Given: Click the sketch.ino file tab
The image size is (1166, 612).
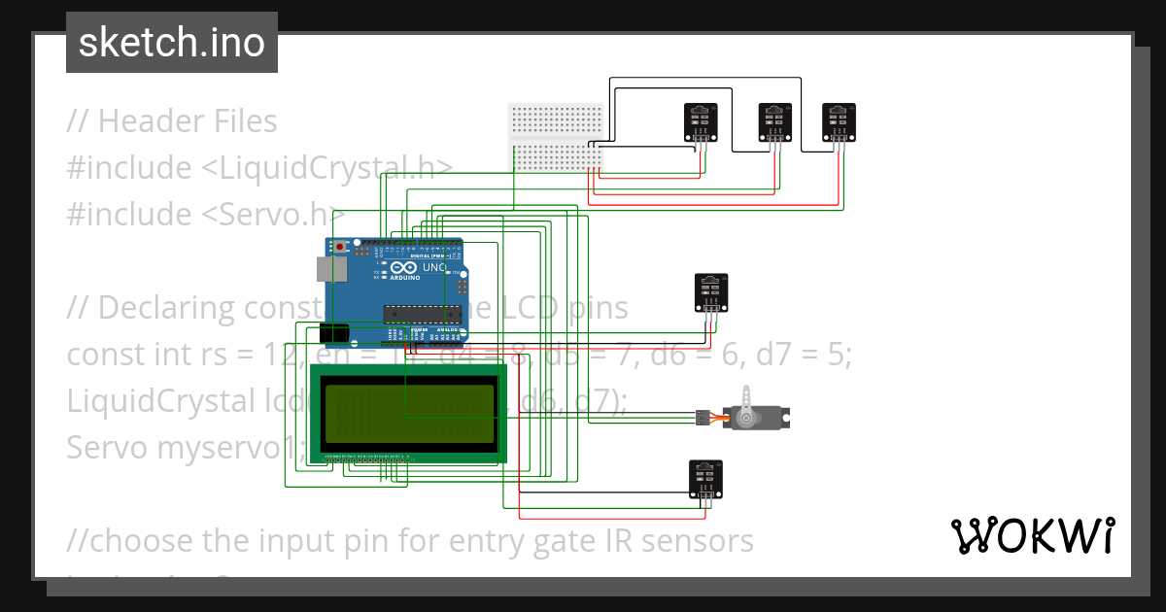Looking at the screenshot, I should (172, 43).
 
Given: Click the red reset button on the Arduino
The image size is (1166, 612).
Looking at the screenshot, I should (339, 248).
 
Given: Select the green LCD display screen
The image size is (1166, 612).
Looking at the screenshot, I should (407, 412).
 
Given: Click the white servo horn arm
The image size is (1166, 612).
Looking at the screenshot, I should (745, 403).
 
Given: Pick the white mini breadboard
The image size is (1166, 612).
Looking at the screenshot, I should (557, 138).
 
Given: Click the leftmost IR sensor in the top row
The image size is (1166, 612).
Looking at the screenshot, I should (699, 120).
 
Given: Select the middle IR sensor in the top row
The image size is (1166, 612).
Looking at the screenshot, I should (773, 120).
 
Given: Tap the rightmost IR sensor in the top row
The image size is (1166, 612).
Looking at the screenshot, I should (839, 120).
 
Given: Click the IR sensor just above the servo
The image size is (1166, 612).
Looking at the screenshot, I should (711, 292).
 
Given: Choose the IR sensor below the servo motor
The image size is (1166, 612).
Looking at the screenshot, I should (706, 477).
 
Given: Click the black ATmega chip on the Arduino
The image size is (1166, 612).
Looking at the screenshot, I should (421, 313).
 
